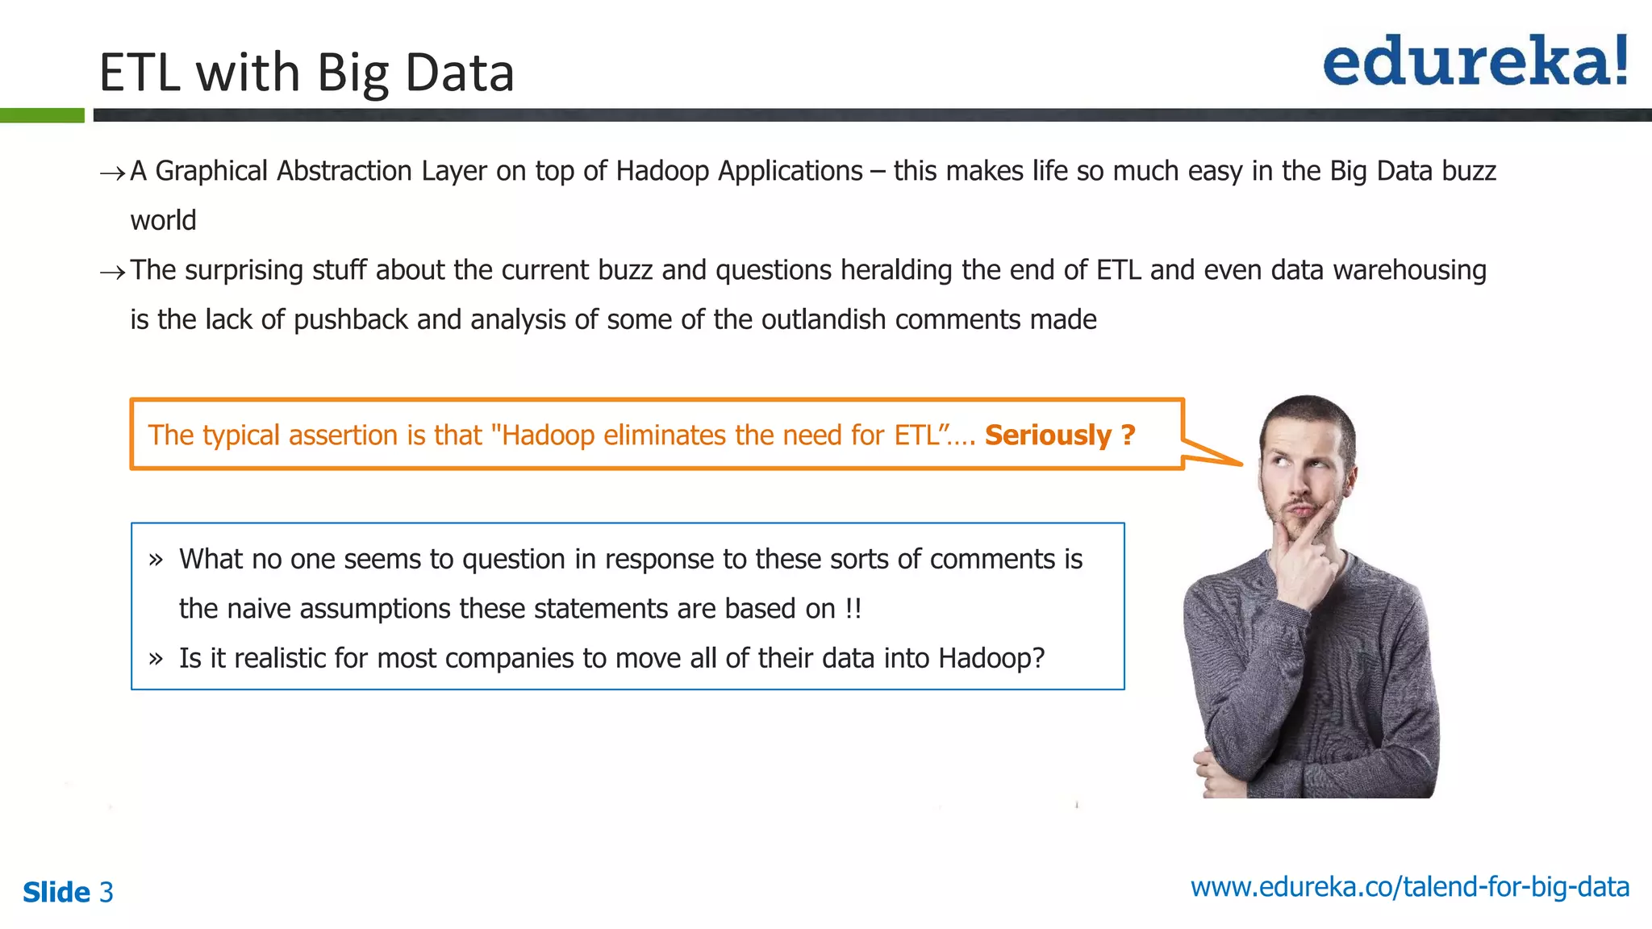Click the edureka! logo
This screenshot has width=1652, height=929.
click(x=1475, y=61)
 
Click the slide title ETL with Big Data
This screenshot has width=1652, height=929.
click(x=307, y=73)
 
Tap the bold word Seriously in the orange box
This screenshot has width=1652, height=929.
click(x=1048, y=435)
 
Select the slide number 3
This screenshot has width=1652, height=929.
click(x=106, y=893)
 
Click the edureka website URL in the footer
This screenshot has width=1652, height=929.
click(x=1409, y=887)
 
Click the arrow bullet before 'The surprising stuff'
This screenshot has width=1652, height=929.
click(x=112, y=273)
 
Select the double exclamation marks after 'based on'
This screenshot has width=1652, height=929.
click(x=853, y=609)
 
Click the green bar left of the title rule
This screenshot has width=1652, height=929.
click(x=42, y=115)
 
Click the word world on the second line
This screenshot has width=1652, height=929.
click(x=163, y=221)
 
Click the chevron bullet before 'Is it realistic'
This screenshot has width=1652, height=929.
click(x=156, y=659)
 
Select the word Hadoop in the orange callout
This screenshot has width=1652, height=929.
click(x=549, y=435)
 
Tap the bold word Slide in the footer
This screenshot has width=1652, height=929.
click(x=56, y=893)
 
